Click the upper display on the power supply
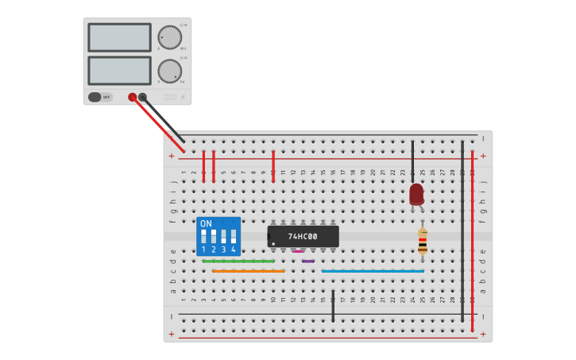pyautogui.click(x=119, y=37)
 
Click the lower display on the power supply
pyautogui.click(x=119, y=70)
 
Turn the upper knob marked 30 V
pyautogui.click(x=169, y=37)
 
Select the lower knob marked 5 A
pyautogui.click(x=169, y=71)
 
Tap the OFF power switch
pyautogui.click(x=100, y=97)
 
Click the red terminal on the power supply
pyautogui.click(x=133, y=97)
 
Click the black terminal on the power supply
pyautogui.click(x=143, y=97)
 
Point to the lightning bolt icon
pyautogui.click(x=182, y=97)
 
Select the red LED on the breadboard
pyautogui.click(x=416, y=194)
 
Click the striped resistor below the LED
pyautogui.click(x=423, y=241)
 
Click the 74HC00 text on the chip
pyautogui.click(x=303, y=237)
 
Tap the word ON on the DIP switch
pyautogui.click(x=206, y=224)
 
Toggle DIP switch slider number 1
pyautogui.click(x=204, y=236)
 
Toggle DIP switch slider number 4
pyautogui.click(x=234, y=236)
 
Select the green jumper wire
pyautogui.click(x=238, y=261)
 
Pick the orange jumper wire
pyautogui.click(x=248, y=271)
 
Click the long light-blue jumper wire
pyautogui.click(x=373, y=271)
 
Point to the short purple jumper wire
pyautogui.click(x=308, y=261)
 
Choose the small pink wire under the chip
pyautogui.click(x=298, y=251)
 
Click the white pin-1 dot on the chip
pyautogui.click(x=273, y=244)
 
